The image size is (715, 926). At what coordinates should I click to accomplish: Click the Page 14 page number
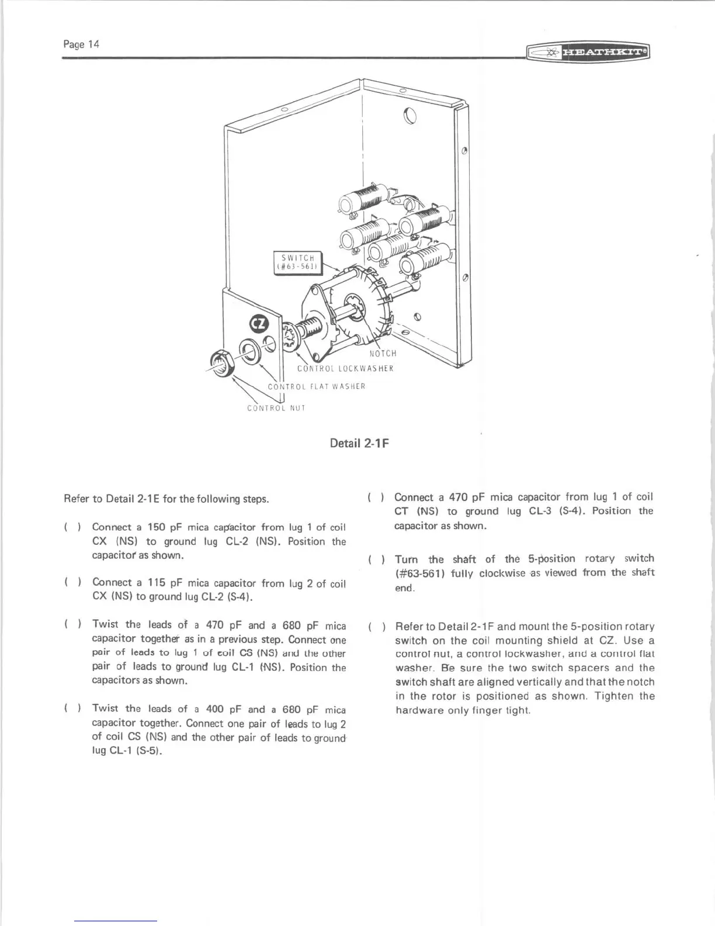click(x=81, y=44)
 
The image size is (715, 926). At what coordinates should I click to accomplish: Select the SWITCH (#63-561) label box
click(x=298, y=262)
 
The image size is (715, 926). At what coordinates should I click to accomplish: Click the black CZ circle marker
click(x=258, y=322)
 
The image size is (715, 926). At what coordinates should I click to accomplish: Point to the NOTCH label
click(x=383, y=353)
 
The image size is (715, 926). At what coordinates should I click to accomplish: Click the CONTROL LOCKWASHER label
click(x=345, y=368)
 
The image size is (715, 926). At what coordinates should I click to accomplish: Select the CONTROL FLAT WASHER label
click(x=317, y=386)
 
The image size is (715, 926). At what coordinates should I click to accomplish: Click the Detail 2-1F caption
click(x=359, y=443)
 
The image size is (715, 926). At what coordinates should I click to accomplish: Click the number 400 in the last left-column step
click(x=216, y=709)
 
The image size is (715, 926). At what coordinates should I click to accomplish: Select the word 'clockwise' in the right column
click(x=502, y=573)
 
